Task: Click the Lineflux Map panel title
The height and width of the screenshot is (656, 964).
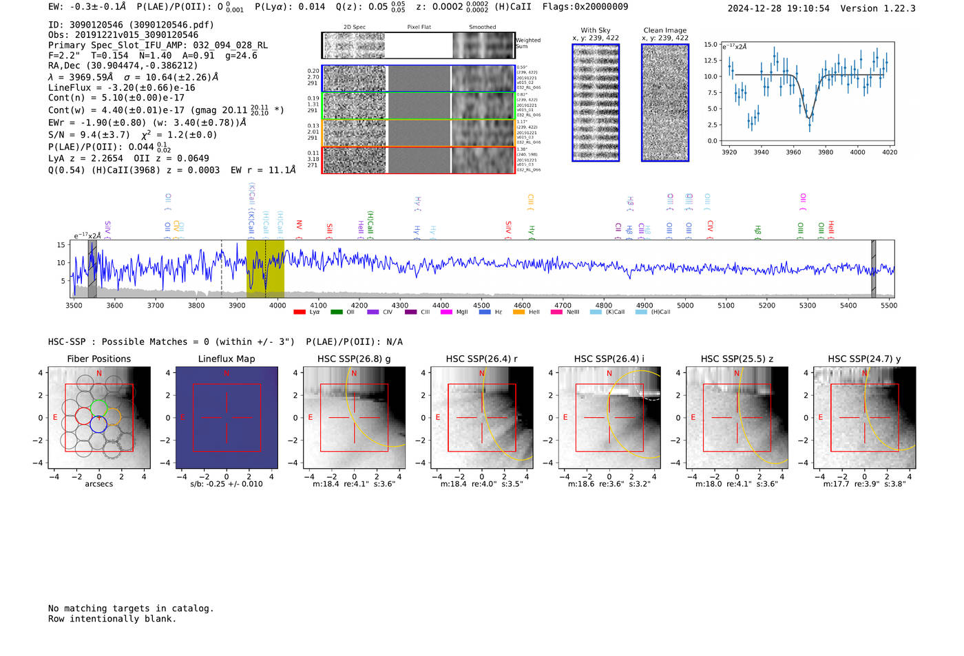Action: [x=226, y=359]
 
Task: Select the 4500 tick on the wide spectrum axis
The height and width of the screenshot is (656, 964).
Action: [x=481, y=305]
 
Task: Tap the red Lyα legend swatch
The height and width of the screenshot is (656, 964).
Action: [x=300, y=312]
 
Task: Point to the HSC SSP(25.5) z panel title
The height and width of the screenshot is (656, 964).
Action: [x=737, y=359]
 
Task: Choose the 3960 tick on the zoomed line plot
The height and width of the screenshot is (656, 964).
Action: [x=793, y=152]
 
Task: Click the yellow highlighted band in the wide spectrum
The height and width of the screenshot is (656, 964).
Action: [x=265, y=268]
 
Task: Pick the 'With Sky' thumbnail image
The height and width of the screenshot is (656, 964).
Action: [x=596, y=103]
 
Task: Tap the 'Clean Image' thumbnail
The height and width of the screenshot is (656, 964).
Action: [x=665, y=103]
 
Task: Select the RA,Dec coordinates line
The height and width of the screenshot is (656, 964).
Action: [x=123, y=65]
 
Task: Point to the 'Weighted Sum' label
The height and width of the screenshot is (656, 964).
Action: [x=528, y=43]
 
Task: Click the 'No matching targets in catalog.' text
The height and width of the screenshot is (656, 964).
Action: [x=131, y=609]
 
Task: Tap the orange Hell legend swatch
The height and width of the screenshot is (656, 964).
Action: [x=518, y=312]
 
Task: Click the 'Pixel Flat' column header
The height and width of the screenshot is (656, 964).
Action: [x=419, y=28]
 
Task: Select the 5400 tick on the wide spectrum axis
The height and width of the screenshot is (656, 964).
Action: [x=848, y=305]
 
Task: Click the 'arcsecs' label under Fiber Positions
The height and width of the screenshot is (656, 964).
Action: [x=98, y=484]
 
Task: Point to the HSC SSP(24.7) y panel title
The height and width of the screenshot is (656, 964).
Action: [x=864, y=359]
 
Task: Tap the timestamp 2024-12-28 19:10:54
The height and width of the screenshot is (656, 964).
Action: [x=778, y=8]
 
